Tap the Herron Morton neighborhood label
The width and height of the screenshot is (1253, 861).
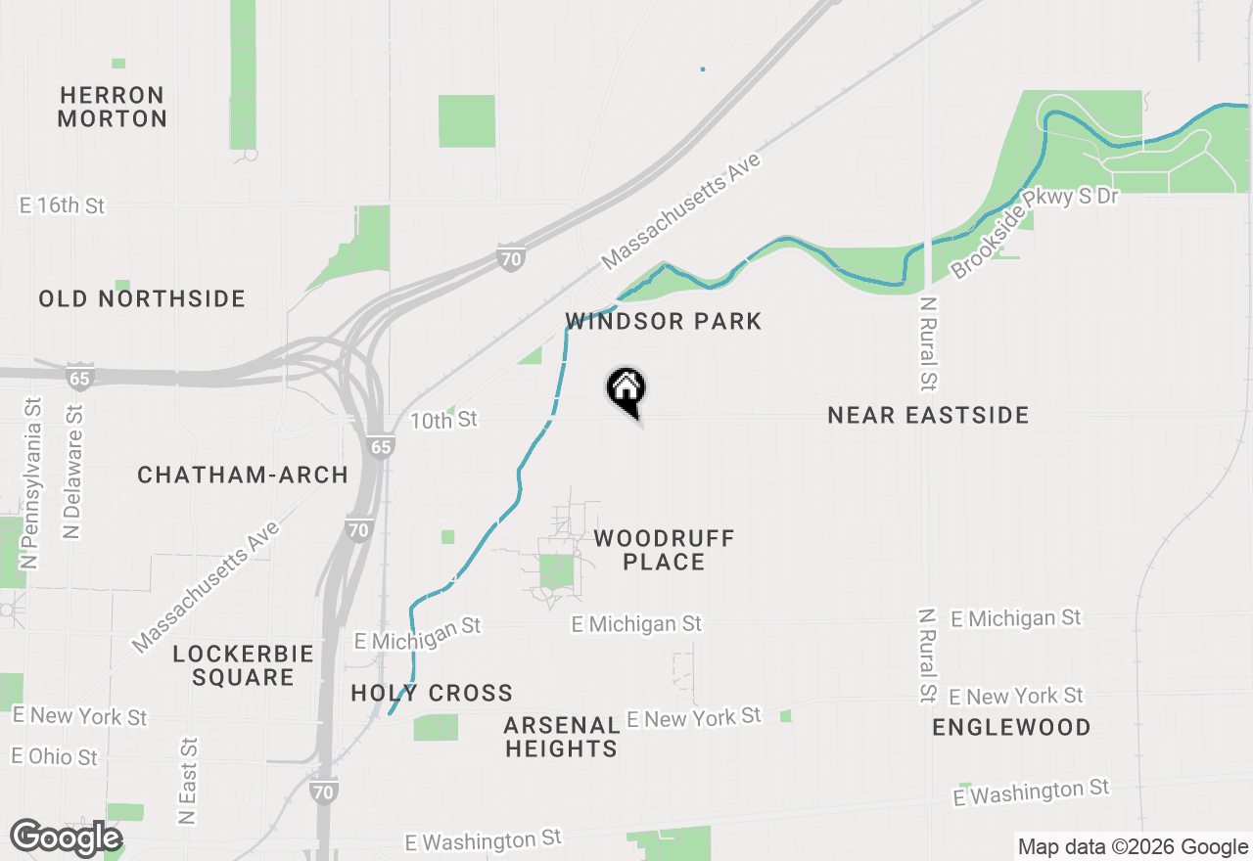point(113,108)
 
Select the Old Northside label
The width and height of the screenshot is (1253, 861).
point(142,298)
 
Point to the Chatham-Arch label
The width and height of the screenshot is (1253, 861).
point(243,476)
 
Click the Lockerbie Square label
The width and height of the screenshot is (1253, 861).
point(243,665)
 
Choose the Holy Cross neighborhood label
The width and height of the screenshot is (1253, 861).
point(432,694)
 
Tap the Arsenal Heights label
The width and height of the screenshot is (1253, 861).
point(562,738)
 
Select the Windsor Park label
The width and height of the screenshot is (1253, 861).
point(664,322)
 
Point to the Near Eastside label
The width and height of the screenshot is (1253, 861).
point(928,416)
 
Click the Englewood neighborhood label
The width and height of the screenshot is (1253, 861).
point(1011,728)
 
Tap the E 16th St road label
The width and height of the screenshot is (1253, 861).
point(62,206)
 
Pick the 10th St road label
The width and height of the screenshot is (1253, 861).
point(443,420)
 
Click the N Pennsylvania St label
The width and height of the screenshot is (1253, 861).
point(31,483)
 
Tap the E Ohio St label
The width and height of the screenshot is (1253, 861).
point(55,757)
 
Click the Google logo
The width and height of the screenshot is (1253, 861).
point(66,838)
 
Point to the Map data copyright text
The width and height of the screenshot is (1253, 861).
point(1132,847)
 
